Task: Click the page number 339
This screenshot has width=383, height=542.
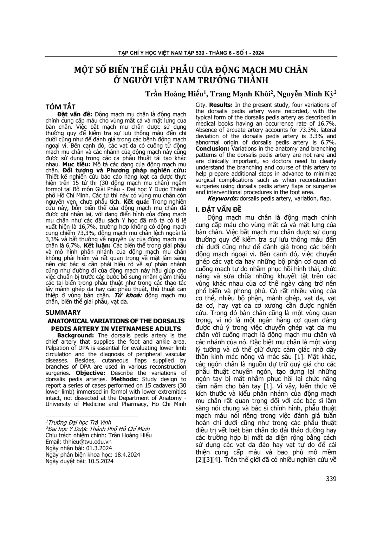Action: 331,479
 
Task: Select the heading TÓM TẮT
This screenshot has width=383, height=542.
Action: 61,107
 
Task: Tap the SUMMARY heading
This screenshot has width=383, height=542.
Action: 63,312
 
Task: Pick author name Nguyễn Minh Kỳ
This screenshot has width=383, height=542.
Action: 305,94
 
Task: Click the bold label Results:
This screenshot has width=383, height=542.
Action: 221,104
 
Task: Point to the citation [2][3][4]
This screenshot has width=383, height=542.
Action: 208,460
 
